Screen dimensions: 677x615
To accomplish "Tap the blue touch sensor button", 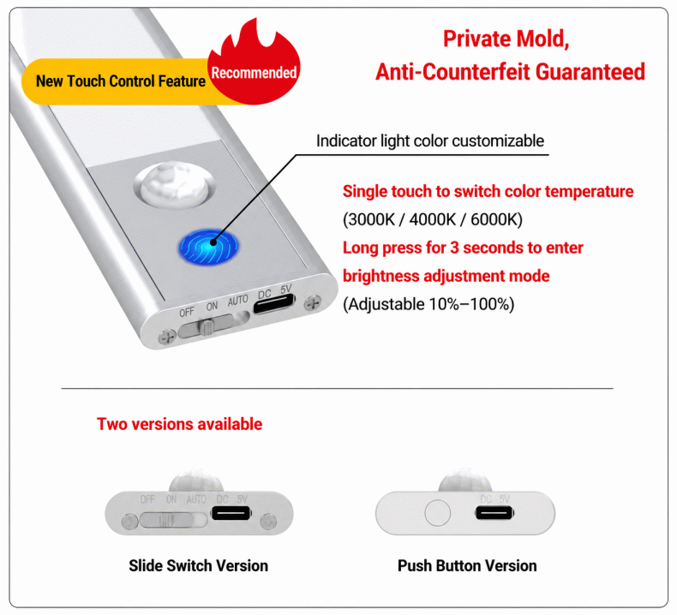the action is [208, 247].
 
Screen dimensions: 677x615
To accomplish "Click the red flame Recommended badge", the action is [254, 65].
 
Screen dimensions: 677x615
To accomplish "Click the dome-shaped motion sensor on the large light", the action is [174, 184].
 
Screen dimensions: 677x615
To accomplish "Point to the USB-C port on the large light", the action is [274, 304].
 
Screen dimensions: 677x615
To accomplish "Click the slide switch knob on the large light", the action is [207, 326].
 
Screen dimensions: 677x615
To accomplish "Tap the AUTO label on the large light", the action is [238, 301].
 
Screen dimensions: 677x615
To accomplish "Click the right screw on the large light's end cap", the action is [312, 303].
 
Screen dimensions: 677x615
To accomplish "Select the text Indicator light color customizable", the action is [430, 140].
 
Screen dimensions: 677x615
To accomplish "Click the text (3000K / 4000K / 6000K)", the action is [433, 219].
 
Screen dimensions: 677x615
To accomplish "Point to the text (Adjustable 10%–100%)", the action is [428, 304].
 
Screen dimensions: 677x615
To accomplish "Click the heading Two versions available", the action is [180, 424].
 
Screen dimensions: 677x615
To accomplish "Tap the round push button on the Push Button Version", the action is [437, 513].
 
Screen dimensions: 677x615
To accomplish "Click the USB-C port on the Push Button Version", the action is [494, 513].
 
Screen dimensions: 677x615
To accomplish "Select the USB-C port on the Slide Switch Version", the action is [231, 513].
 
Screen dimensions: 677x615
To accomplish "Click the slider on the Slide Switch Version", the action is [166, 520].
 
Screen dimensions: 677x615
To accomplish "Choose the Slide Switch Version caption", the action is [198, 565].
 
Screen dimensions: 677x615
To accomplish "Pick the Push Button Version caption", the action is [467, 565].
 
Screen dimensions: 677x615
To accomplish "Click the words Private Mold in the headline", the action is [506, 39].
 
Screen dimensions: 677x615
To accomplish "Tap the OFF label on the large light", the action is [187, 312].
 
